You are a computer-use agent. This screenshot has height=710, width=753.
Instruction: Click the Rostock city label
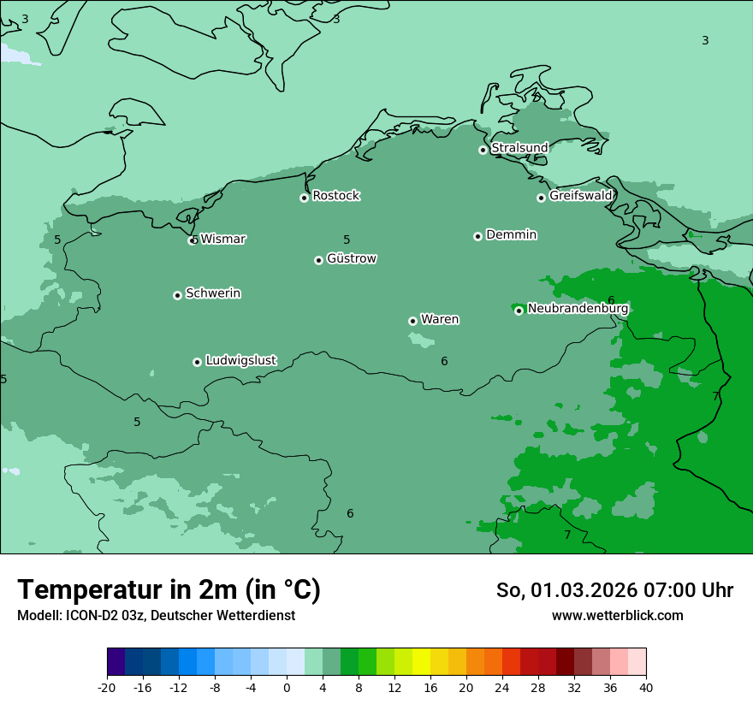(335, 196)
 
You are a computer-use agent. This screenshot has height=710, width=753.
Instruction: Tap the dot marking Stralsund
(483, 150)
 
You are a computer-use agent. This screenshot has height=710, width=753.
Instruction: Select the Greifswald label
(580, 196)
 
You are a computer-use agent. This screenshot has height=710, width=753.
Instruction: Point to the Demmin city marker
(477, 236)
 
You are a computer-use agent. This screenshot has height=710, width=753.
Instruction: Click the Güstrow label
(351, 258)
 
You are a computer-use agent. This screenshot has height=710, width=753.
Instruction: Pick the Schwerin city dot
(177, 295)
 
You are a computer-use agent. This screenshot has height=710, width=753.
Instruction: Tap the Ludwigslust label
(240, 361)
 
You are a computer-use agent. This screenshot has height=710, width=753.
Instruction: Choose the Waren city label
(440, 320)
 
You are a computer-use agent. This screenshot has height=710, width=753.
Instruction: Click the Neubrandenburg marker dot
(519, 311)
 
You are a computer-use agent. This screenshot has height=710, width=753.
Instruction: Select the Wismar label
(222, 240)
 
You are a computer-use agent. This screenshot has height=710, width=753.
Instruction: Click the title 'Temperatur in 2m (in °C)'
(169, 589)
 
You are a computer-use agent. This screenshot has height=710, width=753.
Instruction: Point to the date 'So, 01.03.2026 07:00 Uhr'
(614, 590)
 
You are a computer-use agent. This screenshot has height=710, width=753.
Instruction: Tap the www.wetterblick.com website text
(617, 615)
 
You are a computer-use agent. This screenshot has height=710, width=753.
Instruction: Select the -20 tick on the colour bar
(107, 687)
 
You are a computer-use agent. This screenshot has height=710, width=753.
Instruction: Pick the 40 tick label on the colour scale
(646, 687)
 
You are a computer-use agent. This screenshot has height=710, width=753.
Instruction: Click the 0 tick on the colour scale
(287, 687)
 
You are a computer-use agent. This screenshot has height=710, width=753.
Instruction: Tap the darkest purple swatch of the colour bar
(116, 662)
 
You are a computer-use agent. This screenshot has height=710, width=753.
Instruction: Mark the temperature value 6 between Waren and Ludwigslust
(444, 362)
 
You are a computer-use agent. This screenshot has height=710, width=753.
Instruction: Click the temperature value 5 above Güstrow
(347, 240)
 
